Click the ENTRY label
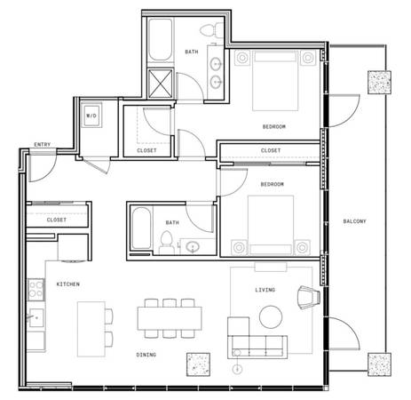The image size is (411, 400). click(x=43, y=145)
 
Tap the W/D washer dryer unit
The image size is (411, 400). click(x=91, y=116)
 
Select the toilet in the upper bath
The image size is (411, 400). click(x=212, y=30)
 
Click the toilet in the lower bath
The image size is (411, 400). click(x=166, y=243)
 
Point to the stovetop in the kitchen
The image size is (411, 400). click(x=36, y=290)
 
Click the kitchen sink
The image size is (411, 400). click(x=36, y=317)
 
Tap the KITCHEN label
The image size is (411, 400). click(x=68, y=284)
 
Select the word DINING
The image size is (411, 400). click(x=146, y=355)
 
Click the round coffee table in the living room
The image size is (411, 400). click(x=271, y=316)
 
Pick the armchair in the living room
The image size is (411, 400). click(x=309, y=297)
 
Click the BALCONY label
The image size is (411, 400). click(x=354, y=221)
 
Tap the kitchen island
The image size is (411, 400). click(x=91, y=329)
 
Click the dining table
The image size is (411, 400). click(x=170, y=318)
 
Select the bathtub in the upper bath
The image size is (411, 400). click(x=160, y=40)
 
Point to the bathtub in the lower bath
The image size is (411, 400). click(x=141, y=228)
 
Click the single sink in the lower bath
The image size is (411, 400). click(x=193, y=246)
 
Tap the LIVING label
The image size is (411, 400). click(x=265, y=290)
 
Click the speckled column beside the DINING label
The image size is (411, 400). click(x=198, y=364)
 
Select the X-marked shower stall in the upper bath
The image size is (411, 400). click(x=160, y=84)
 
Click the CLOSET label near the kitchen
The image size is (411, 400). click(x=57, y=220)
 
